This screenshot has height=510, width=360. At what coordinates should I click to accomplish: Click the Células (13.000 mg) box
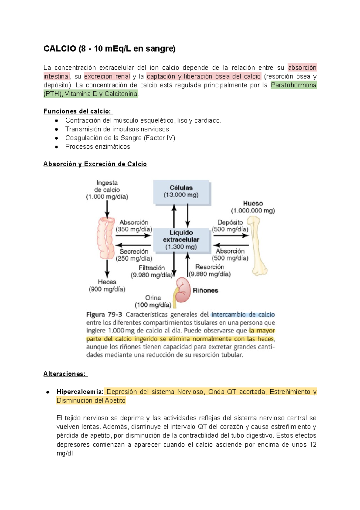pyautogui.click(x=181, y=192)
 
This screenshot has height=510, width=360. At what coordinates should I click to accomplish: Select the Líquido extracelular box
pyautogui.click(x=181, y=240)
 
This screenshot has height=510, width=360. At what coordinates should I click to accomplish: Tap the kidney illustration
pyautogui.click(x=183, y=290)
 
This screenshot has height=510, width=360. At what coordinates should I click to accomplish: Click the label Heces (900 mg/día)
pyautogui.click(x=107, y=286)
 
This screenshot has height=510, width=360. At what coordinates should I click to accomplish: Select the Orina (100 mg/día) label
pyautogui.click(x=153, y=301)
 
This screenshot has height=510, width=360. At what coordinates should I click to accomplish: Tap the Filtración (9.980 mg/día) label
pyautogui.click(x=152, y=271)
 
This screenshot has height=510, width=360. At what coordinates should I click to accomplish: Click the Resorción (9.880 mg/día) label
pyautogui.click(x=210, y=270)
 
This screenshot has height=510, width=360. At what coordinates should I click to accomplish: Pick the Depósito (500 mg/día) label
pyautogui.click(x=230, y=226)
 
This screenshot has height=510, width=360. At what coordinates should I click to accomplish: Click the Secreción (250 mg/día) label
pyautogui.click(x=134, y=255)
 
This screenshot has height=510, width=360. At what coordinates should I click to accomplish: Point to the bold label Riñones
pyautogui.click(x=205, y=290)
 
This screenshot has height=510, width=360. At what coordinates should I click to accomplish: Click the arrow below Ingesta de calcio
pyautogui.click(x=107, y=209)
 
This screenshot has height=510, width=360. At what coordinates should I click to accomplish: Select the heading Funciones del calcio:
pyautogui.click(x=78, y=111)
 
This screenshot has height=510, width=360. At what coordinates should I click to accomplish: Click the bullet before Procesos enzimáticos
pyautogui.click(x=56, y=147)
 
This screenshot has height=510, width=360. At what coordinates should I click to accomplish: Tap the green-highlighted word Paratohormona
pyautogui.click(x=293, y=85)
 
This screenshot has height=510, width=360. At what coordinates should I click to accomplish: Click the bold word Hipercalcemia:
pyautogui.click(x=80, y=392)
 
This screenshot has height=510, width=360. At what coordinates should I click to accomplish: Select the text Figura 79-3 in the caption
pyautogui.click(x=104, y=315)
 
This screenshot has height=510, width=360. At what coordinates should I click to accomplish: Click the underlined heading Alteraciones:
pyautogui.click(x=65, y=374)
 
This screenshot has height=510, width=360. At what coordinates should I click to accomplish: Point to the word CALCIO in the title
pyautogui.click(x=60, y=49)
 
